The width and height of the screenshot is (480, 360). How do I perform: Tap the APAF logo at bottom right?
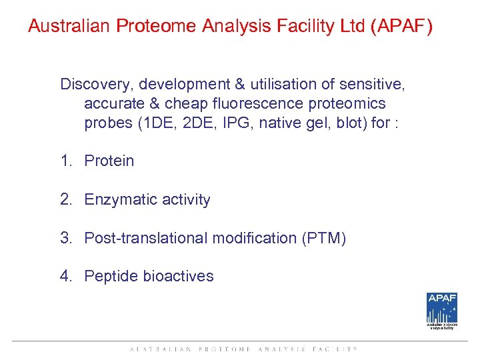tap(442, 311)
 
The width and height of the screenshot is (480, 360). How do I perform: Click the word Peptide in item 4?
tap(109, 277)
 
